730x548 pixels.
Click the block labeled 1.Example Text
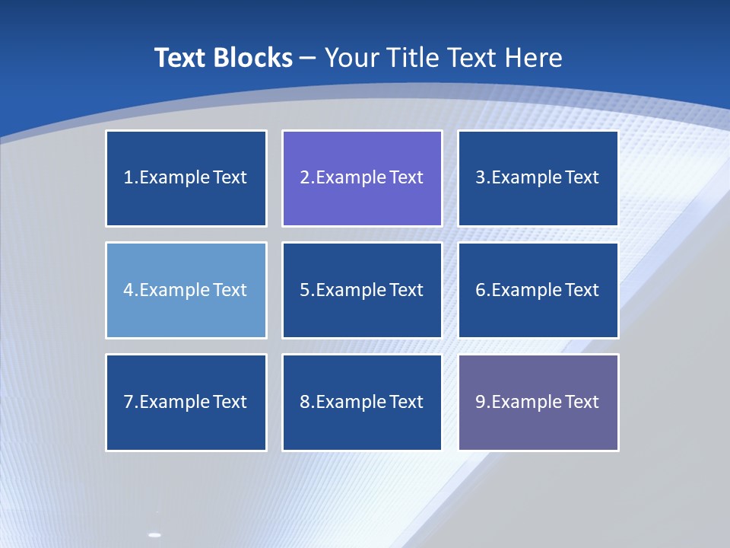tap(186, 178)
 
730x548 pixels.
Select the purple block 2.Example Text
tap(362, 178)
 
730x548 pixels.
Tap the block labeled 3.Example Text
tap(538, 178)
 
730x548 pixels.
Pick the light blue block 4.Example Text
tap(186, 290)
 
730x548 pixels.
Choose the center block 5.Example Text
tap(362, 290)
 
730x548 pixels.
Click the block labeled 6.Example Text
tap(538, 290)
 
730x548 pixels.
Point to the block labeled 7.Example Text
tap(186, 402)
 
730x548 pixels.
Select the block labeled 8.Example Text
tap(362, 402)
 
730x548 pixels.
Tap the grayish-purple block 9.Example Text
tap(538, 402)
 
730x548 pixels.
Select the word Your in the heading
tap(353, 58)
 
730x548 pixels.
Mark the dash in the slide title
tap(308, 58)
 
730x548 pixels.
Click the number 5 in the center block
tap(304, 290)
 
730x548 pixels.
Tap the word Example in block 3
tap(527, 178)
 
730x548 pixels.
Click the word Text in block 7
tap(230, 402)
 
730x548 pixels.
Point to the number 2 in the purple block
tap(304, 178)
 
